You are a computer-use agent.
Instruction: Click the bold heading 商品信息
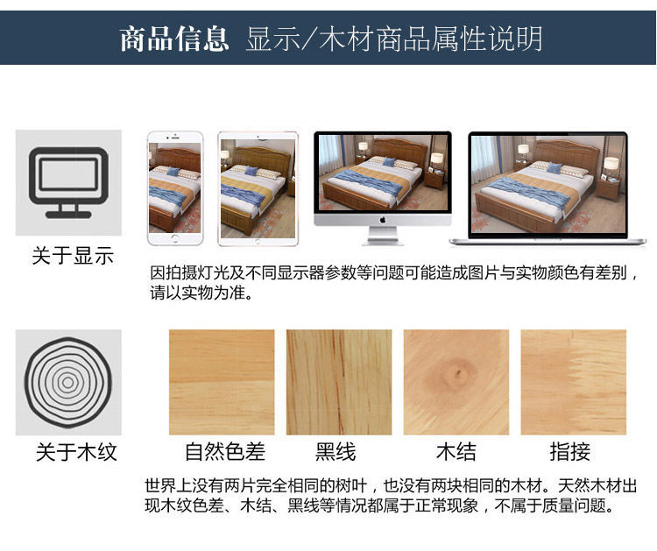174,39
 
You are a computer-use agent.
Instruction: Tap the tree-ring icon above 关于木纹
68,382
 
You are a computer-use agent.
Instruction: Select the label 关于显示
73,256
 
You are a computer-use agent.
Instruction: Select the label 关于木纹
76,452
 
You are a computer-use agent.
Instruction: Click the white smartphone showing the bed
175,188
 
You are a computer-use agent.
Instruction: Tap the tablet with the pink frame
258,188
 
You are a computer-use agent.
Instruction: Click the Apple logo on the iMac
383,220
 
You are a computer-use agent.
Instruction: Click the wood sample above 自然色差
222,382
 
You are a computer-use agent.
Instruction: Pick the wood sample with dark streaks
339,382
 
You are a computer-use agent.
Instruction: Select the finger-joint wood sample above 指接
574,382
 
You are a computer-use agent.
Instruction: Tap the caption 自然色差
225,452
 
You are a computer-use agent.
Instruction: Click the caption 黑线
336,452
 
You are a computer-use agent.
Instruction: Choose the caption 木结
456,452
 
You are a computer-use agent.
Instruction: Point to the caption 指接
570,452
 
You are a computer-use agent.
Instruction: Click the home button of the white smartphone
175,238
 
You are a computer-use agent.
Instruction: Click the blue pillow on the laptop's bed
554,168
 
